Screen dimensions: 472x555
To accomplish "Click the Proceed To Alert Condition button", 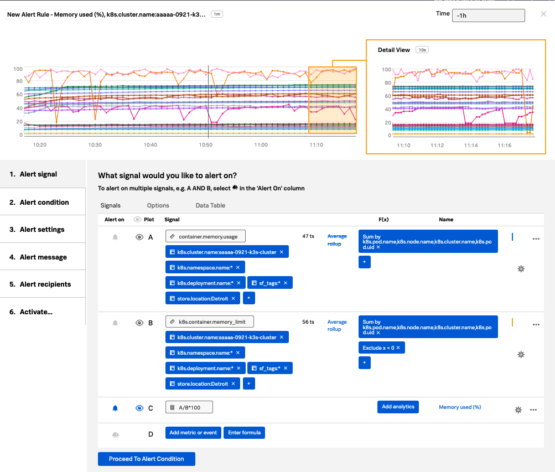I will tap(146, 459).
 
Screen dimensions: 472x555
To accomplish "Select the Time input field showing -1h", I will tap(488, 15).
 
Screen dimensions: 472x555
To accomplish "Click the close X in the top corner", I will tap(543, 14).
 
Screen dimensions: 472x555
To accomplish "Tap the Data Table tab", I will tap(210, 205).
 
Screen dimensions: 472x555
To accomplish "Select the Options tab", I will tap(158, 205).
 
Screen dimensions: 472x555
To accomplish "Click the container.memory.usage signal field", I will tap(205, 236).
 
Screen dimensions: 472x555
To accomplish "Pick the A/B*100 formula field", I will tap(189, 407).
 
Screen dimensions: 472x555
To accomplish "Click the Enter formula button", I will tap(244, 433).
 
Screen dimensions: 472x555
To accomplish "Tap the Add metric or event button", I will tap(193, 433).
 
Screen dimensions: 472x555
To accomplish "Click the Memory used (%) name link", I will tap(460, 407).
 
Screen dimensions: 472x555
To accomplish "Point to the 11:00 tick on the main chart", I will tap(261, 145).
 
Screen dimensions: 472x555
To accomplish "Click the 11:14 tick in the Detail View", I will tap(470, 146).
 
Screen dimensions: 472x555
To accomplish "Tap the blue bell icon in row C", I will tap(115, 408).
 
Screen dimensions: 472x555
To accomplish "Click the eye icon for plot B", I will tap(139, 323).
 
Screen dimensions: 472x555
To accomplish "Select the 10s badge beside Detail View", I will tap(422, 50).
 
